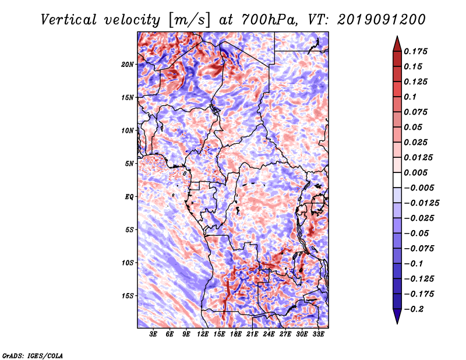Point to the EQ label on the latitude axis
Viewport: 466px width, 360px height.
(130, 196)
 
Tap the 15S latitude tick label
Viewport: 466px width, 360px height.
(128, 295)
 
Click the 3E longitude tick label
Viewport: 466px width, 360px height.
(154, 335)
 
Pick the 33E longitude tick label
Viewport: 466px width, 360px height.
(318, 335)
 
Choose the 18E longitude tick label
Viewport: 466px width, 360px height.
(236, 335)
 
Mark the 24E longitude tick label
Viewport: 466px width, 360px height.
(269, 335)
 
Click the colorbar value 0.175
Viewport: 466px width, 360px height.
(418, 51)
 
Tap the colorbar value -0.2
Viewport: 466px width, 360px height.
(415, 309)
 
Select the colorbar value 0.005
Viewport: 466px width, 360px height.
(418, 172)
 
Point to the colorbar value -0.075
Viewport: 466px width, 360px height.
(420, 248)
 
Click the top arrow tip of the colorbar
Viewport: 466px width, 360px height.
(396, 37)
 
